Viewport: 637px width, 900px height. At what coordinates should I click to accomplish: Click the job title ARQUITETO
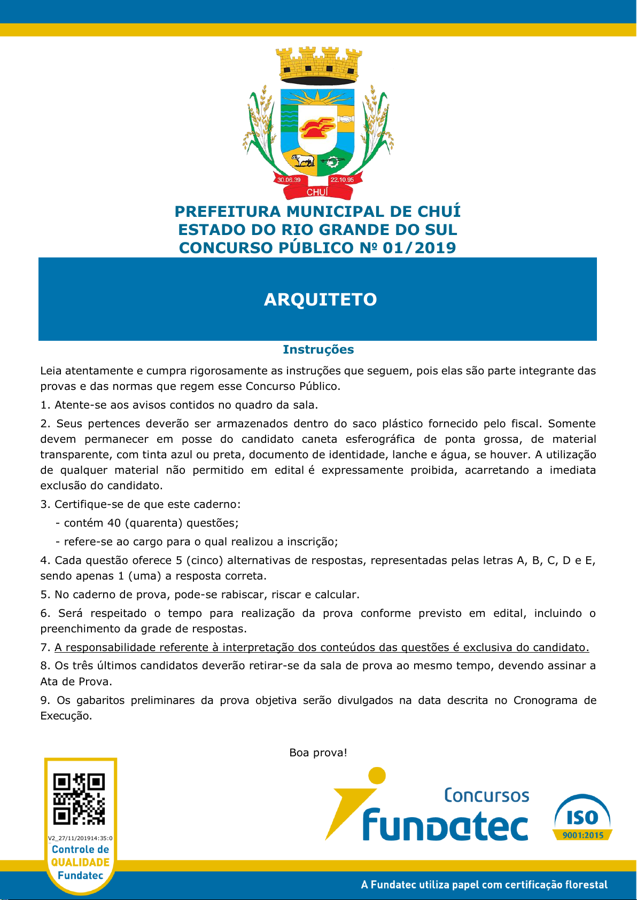[320, 299]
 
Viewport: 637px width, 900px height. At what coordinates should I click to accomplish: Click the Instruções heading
[318, 349]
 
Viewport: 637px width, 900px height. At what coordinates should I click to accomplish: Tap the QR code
[79, 799]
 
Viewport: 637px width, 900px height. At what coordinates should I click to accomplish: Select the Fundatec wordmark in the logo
[445, 825]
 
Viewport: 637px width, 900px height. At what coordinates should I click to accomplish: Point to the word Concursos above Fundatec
[486, 795]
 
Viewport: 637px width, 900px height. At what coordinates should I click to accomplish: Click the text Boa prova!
[318, 753]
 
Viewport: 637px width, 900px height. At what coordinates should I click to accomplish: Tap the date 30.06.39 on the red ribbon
[289, 180]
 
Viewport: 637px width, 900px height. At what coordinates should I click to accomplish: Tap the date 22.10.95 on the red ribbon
[342, 180]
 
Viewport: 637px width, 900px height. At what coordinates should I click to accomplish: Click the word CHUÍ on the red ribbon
[317, 192]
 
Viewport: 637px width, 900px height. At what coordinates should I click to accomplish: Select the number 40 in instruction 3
[114, 523]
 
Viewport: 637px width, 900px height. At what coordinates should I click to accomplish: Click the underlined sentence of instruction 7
[322, 647]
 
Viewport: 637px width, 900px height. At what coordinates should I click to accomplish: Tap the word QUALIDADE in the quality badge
[80, 862]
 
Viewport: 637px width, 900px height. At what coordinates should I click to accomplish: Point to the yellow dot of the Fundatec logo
[377, 775]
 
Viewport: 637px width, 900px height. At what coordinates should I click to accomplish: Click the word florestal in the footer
[586, 885]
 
